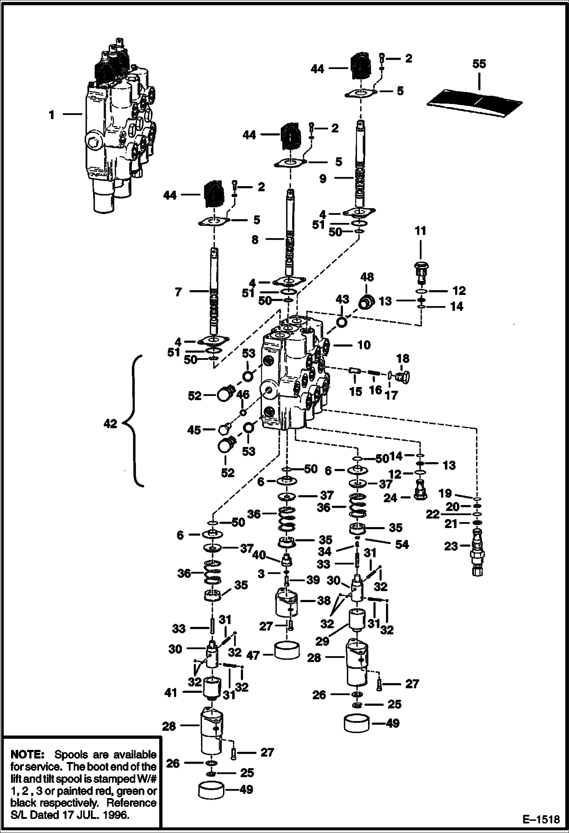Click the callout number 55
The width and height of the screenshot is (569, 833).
tap(479, 64)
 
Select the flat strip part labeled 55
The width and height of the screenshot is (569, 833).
tap(475, 103)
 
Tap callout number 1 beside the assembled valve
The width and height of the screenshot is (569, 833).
tap(52, 114)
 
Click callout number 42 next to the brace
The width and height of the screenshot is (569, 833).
tap(110, 424)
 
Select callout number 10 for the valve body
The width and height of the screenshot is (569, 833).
tap(364, 345)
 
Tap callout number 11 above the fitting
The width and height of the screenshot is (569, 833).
tap(420, 231)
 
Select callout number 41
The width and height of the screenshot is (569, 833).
tap(171, 693)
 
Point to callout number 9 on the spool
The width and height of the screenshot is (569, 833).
tap(322, 178)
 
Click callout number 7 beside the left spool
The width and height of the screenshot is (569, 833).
tap(179, 292)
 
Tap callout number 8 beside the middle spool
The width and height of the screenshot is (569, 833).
tap(255, 240)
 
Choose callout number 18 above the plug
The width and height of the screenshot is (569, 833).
tap(403, 358)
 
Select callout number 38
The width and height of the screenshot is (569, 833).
tap(324, 601)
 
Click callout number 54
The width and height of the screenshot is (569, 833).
tap(402, 544)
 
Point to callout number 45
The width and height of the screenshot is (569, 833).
tap(194, 430)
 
